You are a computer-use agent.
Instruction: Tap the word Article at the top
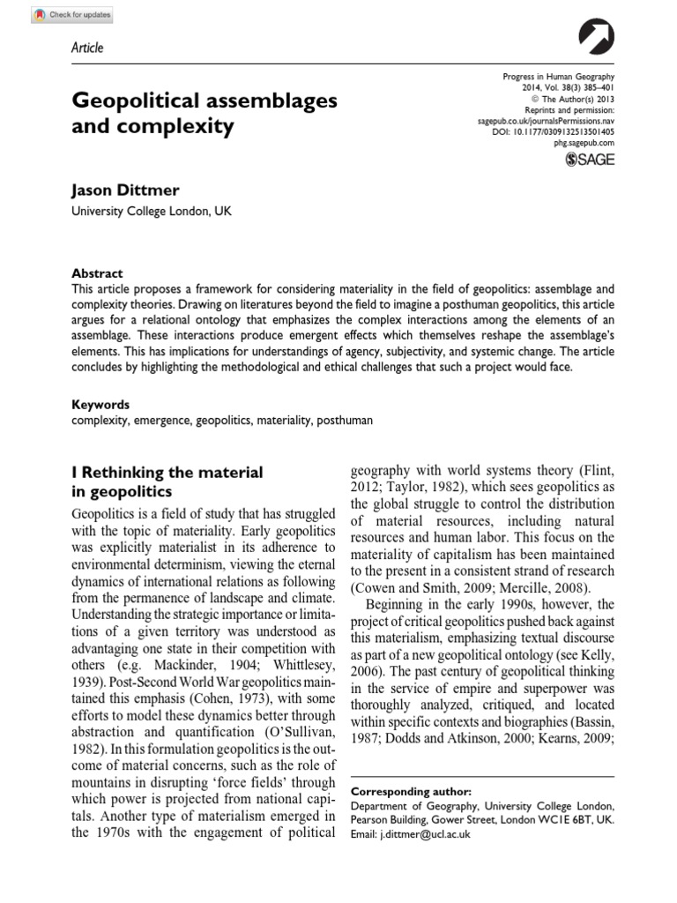pyautogui.click(x=86, y=48)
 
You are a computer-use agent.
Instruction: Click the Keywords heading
pyautogui.click(x=100, y=405)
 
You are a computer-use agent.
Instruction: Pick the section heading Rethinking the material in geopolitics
pyautogui.click(x=167, y=481)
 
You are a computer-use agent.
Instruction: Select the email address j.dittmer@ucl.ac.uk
pyautogui.click(x=428, y=833)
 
